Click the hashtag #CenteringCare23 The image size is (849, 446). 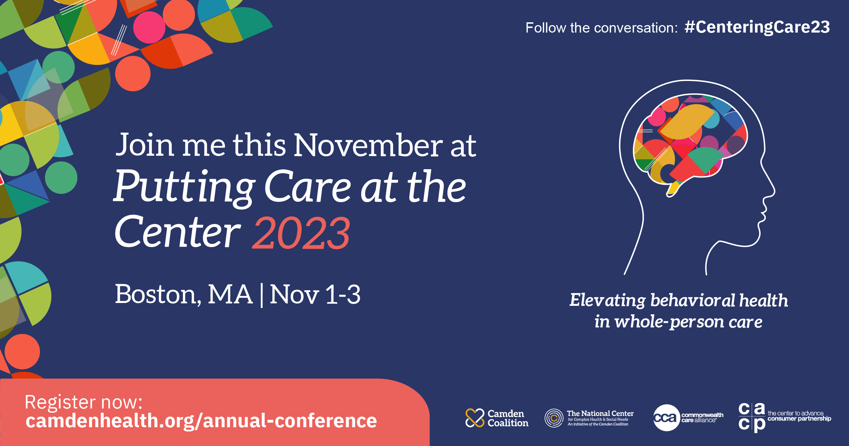(x=757, y=27)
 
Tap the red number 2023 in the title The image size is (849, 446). (x=301, y=234)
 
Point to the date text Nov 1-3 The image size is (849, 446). (x=315, y=295)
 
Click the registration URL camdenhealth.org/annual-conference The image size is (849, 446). (x=201, y=421)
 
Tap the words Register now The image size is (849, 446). (x=83, y=402)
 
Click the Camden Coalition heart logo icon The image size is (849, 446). (x=475, y=418)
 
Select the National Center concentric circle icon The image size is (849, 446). (x=554, y=418)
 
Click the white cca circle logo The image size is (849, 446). (x=666, y=418)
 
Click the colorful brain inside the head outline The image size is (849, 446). (x=690, y=142)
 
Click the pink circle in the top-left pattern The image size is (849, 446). (x=149, y=27)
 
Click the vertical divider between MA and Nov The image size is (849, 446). (x=261, y=295)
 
